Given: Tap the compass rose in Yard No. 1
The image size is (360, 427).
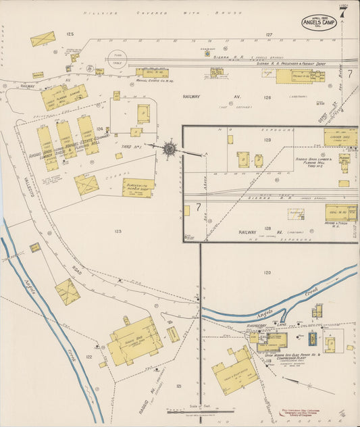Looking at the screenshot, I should (170, 148).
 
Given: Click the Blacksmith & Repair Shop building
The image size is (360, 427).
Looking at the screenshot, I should (138, 187).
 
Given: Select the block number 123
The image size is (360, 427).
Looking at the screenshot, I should (118, 231).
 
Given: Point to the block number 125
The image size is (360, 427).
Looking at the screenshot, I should (70, 33).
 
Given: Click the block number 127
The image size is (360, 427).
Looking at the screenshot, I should (268, 34).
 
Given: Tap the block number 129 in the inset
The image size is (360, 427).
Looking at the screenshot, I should (267, 140).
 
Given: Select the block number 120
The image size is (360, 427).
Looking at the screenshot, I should (267, 272).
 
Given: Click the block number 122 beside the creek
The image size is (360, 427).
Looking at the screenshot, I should (88, 356).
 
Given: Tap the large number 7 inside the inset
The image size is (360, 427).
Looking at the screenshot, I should (198, 206).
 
